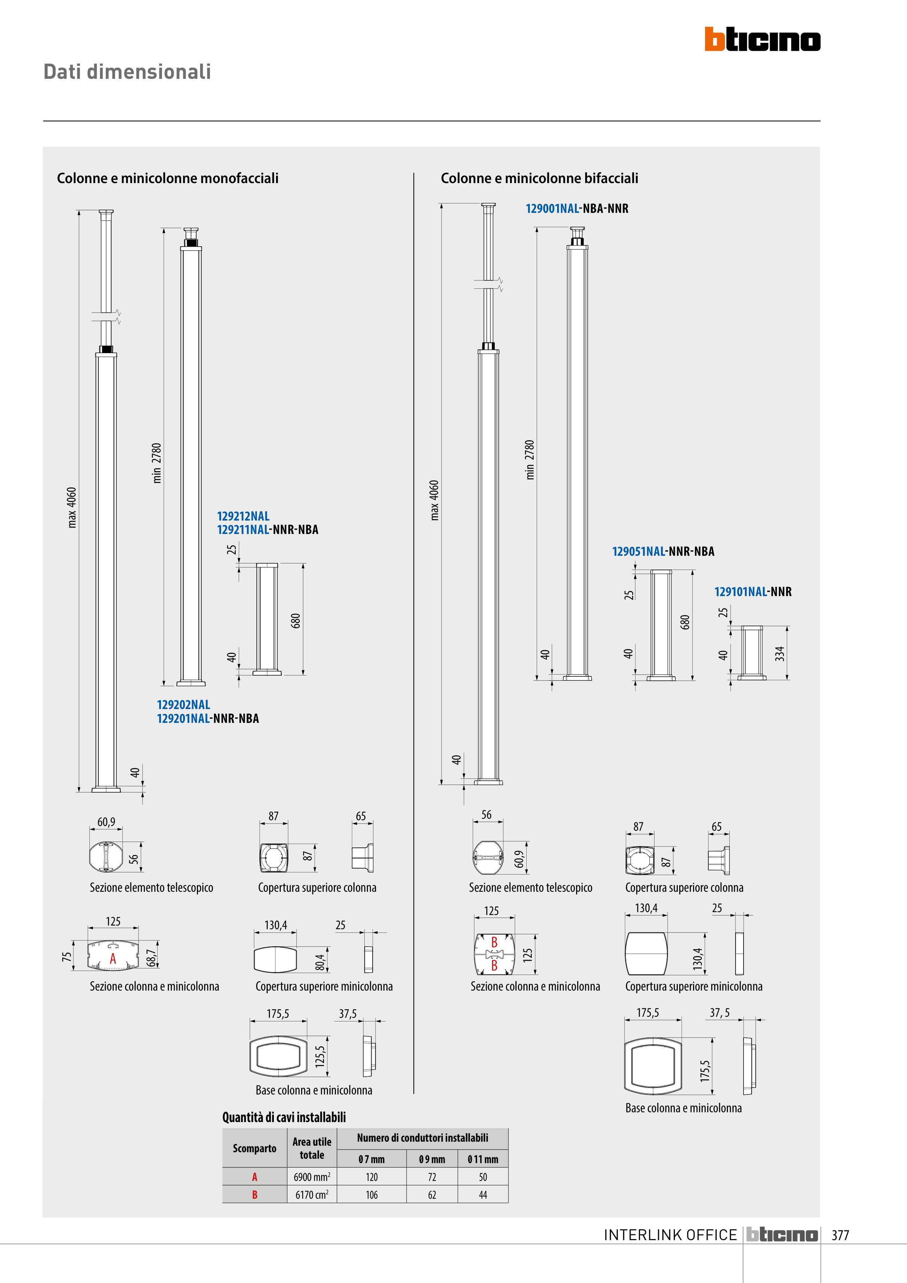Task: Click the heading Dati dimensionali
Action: (x=127, y=72)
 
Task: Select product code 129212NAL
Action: (x=243, y=516)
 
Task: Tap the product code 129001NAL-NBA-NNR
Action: (x=577, y=209)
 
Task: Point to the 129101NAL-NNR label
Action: (x=753, y=592)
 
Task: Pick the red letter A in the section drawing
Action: (x=113, y=959)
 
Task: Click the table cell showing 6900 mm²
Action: (x=312, y=1177)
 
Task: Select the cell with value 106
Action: (x=372, y=1195)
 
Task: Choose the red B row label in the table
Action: (x=255, y=1195)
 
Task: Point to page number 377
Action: (x=840, y=1235)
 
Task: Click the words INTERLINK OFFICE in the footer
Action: (x=670, y=1235)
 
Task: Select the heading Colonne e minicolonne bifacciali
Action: (x=539, y=178)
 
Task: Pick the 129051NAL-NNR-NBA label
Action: (x=663, y=551)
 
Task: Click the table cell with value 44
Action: (x=483, y=1195)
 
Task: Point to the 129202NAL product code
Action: (x=183, y=705)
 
